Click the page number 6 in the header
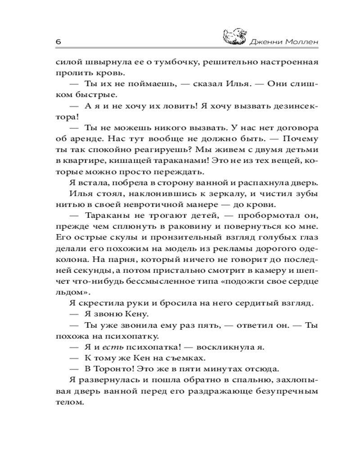click(x=58, y=41)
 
